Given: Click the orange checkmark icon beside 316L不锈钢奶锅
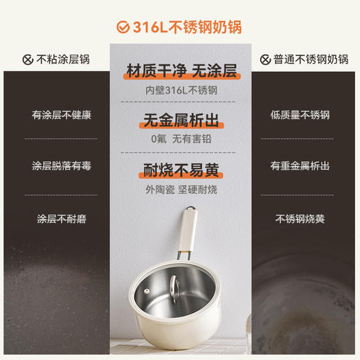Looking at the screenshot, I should pyautogui.click(x=123, y=27).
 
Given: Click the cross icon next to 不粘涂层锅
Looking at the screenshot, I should pyautogui.click(x=28, y=60).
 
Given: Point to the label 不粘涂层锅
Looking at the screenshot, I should pyautogui.click(x=63, y=60).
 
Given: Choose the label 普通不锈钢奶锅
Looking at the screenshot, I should pyautogui.click(x=305, y=60).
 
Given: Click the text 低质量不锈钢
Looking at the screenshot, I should pyautogui.click(x=300, y=115).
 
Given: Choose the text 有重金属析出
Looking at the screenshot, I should pyautogui.click(x=300, y=166).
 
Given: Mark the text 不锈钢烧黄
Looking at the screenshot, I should pyautogui.click(x=300, y=219).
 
